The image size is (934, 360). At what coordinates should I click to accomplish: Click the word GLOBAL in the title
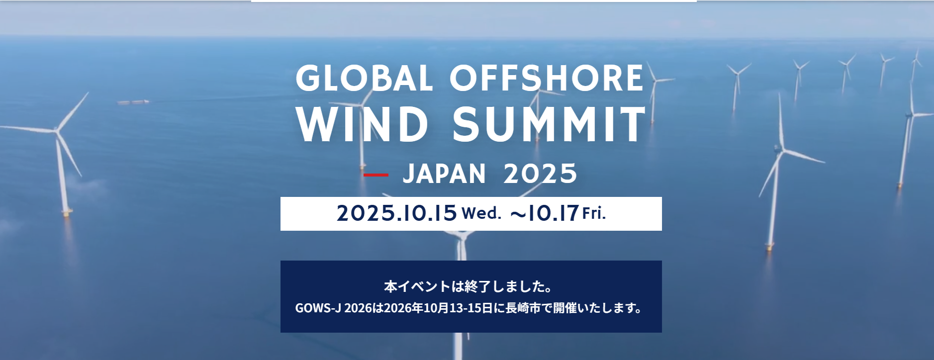[x=364, y=79]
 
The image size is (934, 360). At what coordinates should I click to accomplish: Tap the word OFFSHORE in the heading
[x=547, y=79]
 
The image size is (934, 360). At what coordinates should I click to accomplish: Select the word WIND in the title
[x=362, y=124]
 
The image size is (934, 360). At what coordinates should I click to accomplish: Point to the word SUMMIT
[x=549, y=124]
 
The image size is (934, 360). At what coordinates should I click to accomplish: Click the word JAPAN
[x=444, y=174]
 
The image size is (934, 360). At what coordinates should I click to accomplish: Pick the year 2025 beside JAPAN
[x=540, y=174]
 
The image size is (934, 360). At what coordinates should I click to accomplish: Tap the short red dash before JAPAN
[x=376, y=175]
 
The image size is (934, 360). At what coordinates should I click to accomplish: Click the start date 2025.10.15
[x=396, y=213]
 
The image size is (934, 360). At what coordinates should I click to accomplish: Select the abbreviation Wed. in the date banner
[x=481, y=213]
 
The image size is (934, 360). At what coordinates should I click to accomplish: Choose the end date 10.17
[x=553, y=213]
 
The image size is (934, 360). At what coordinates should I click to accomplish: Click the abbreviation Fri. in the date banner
[x=594, y=213]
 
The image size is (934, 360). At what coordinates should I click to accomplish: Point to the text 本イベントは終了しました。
[x=468, y=286]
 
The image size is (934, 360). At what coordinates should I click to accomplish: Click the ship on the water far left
[x=133, y=102]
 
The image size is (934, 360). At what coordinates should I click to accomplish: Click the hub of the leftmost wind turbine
[x=58, y=132]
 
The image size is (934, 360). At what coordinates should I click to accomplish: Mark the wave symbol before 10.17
[x=518, y=214]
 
